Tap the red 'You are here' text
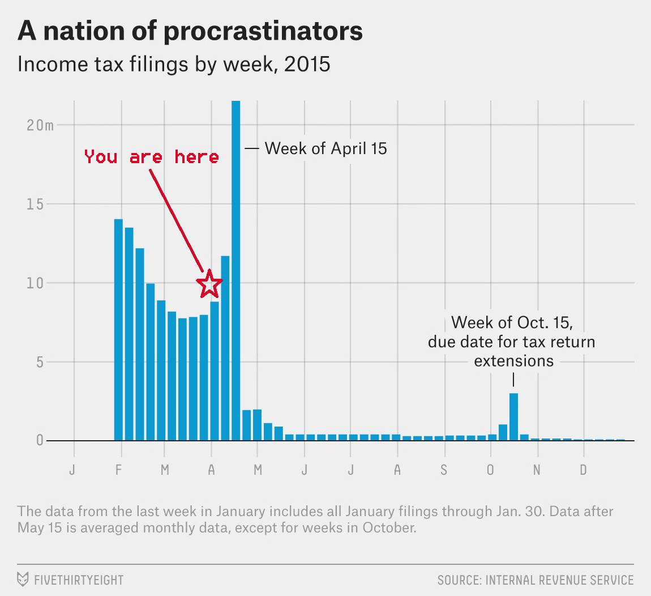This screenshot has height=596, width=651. click(151, 156)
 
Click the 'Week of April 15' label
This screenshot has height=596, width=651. click(326, 148)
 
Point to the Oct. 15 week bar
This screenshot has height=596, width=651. click(513, 416)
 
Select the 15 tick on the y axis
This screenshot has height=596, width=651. click(36, 204)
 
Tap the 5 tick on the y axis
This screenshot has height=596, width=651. click(40, 362)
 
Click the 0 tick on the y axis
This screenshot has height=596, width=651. click(40, 441)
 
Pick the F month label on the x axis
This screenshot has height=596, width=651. click(118, 470)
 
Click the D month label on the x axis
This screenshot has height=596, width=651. click(583, 470)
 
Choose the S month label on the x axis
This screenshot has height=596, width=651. click(444, 470)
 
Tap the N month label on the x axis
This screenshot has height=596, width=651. click(537, 470)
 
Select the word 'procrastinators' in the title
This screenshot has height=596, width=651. click(263, 32)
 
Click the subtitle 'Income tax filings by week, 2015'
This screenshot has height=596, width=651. click(174, 64)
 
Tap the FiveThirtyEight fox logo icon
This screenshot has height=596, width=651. click(23, 580)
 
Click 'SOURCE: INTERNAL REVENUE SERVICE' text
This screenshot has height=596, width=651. click(536, 580)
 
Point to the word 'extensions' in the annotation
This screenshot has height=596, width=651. click(513, 361)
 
